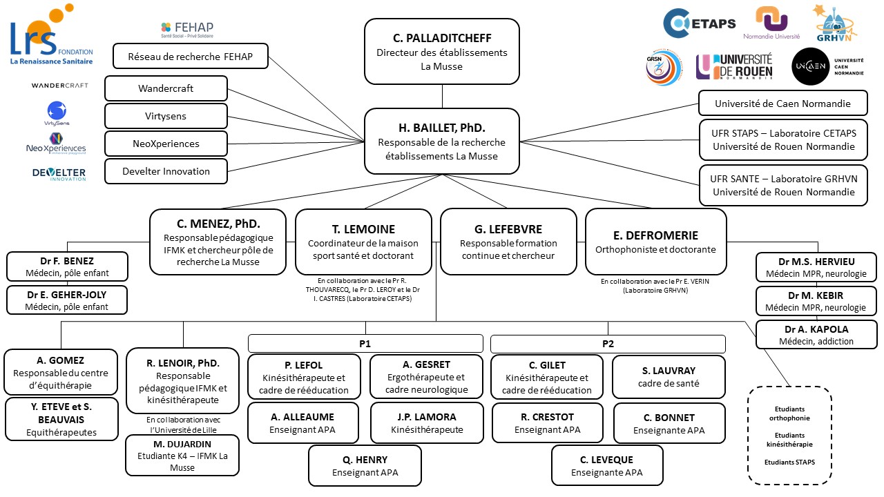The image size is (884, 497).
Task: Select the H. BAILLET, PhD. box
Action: coord(441,141)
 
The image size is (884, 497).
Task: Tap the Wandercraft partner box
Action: coord(166,88)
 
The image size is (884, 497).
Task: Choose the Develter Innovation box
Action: coord(166,171)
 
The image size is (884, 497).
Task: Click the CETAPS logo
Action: coord(699,23)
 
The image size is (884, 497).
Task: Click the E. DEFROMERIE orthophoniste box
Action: coord(655,242)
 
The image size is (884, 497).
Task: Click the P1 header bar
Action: coord(365,344)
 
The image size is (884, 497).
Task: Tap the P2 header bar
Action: coord(608,344)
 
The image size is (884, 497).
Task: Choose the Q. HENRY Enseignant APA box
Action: coord(365,466)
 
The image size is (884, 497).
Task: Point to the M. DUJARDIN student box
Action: coord(182,456)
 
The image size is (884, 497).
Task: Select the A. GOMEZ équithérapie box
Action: coord(61,372)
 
